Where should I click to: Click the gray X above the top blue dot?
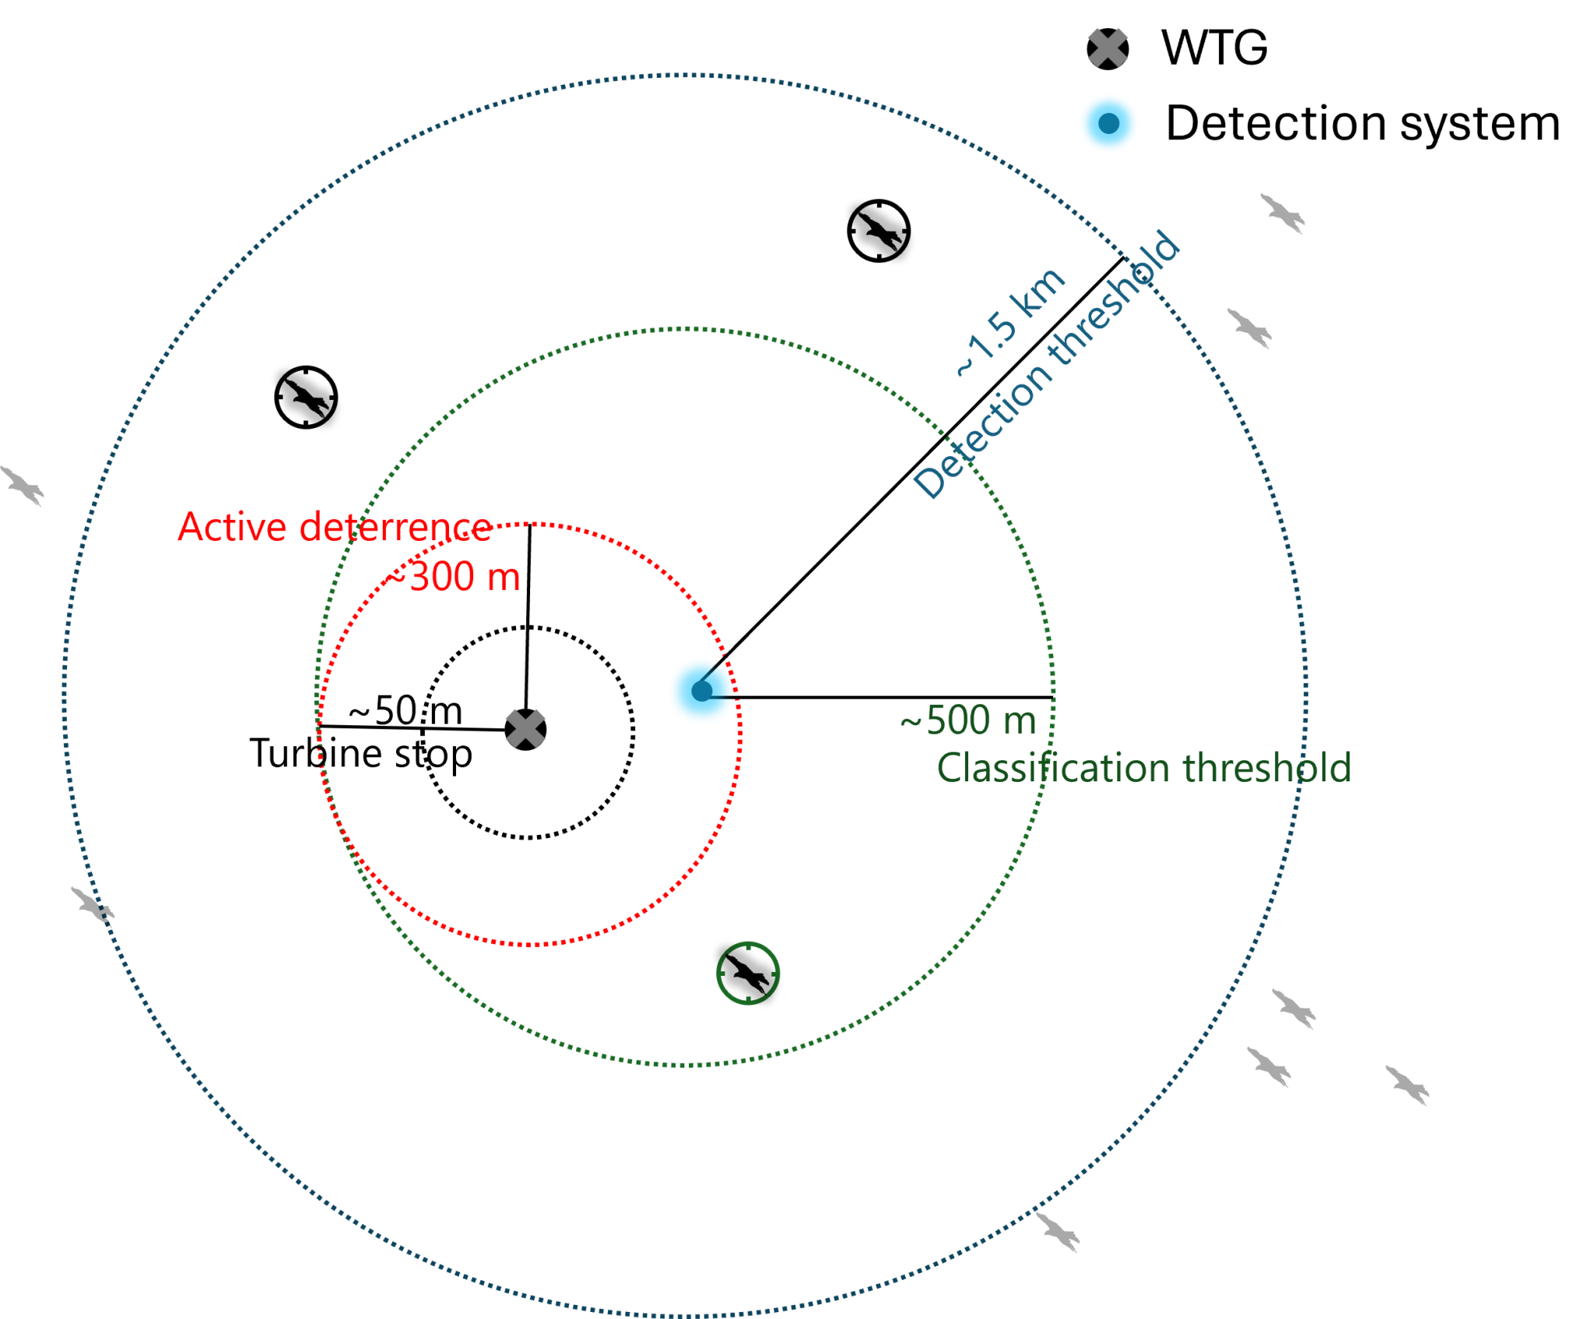tap(1108, 48)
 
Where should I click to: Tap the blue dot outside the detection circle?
tap(1108, 123)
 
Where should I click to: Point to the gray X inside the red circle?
tap(525, 729)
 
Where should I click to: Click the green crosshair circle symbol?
tap(748, 973)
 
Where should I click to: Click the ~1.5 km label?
tap(1010, 323)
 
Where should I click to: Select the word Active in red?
tap(232, 528)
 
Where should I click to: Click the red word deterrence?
tap(395, 528)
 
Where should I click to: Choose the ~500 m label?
tap(968, 721)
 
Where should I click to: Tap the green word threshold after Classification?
tap(1267, 768)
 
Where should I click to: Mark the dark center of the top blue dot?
tap(1108, 123)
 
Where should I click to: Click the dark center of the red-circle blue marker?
tap(701, 691)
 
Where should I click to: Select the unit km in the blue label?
tap(1040, 292)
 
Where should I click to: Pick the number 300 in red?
tap(441, 577)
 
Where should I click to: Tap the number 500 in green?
tap(958, 721)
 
